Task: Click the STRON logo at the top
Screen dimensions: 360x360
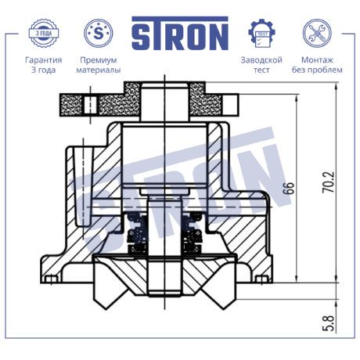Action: tap(180, 34)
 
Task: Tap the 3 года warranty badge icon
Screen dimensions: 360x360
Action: tap(44, 33)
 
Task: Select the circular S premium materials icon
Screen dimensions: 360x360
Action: tap(99, 33)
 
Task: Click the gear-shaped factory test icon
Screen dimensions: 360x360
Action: tap(261, 33)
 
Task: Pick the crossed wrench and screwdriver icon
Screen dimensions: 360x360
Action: tap(317, 33)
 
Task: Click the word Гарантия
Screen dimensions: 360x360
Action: tap(44, 60)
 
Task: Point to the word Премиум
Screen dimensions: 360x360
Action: tap(99, 60)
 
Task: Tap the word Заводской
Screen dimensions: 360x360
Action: tap(261, 60)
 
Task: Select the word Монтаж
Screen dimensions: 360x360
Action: tap(317, 59)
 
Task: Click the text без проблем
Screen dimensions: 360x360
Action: tap(317, 70)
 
